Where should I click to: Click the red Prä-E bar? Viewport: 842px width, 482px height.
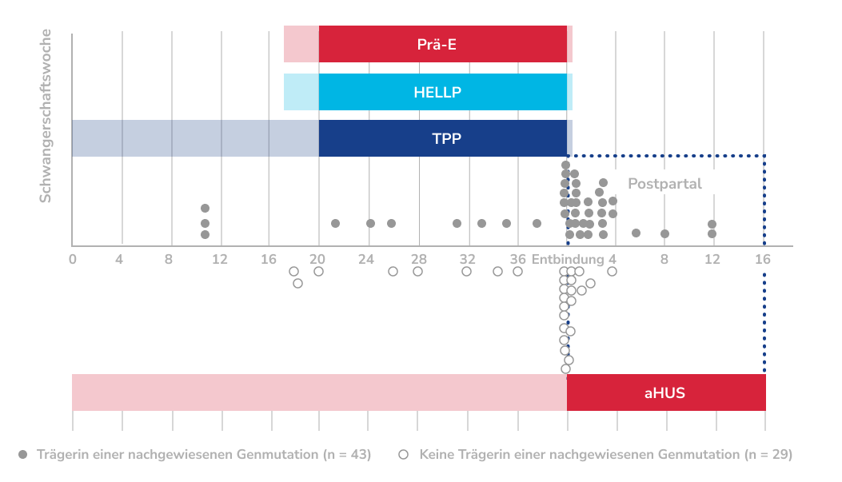[x=428, y=43]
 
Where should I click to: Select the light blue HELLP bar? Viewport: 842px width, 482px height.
[x=428, y=91]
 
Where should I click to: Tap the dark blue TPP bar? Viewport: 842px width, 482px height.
[x=320, y=138]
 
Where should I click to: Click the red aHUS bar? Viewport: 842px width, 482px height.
[x=418, y=392]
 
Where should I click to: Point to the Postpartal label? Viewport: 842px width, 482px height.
[x=664, y=184]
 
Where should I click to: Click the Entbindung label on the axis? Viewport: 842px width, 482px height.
[x=567, y=259]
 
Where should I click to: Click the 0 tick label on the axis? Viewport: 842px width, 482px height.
[x=73, y=259]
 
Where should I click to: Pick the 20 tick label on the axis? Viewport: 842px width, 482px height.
[x=318, y=259]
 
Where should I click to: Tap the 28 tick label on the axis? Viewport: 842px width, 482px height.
[x=418, y=259]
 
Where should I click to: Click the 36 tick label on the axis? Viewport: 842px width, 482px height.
[x=517, y=259]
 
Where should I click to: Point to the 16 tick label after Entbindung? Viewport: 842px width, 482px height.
[x=764, y=259]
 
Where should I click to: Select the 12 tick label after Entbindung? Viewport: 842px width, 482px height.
[x=712, y=259]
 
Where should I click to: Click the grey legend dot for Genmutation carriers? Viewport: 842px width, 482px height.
[x=23, y=454]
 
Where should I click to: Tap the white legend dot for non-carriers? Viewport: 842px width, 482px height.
[x=404, y=454]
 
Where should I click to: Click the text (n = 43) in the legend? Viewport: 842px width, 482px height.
[x=347, y=454]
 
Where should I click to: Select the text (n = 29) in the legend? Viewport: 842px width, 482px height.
[x=768, y=454]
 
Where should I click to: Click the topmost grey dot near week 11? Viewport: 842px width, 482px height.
[x=205, y=209]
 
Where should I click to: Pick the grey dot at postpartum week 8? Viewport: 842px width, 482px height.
[x=664, y=233]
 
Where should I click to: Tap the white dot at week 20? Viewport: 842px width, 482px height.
[x=318, y=272]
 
